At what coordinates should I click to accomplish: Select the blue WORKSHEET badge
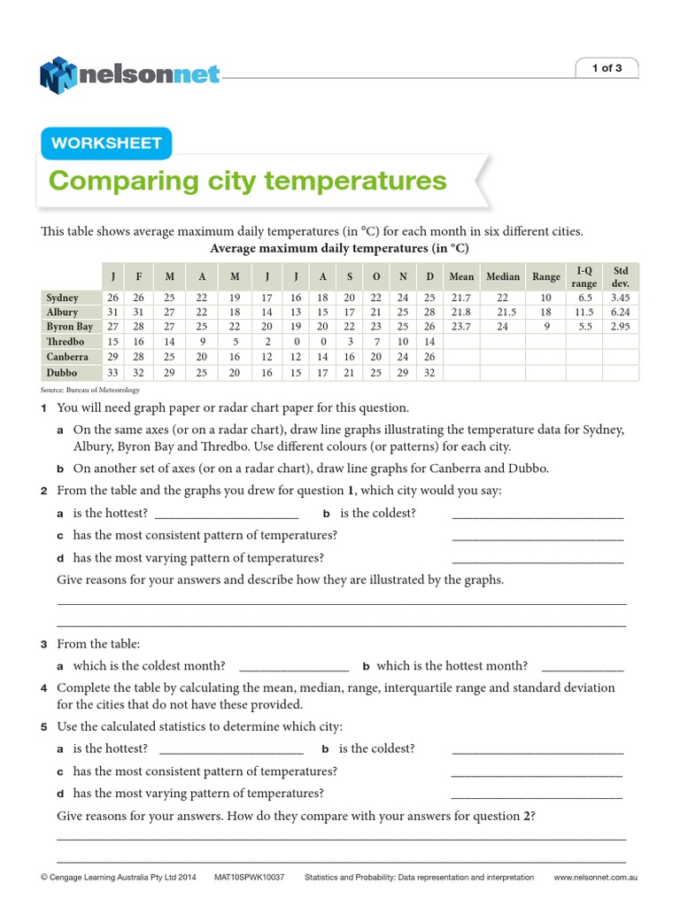click(x=106, y=143)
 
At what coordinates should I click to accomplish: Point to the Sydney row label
click(x=63, y=298)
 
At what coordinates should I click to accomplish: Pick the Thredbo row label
click(x=66, y=341)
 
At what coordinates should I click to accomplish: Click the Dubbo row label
click(x=62, y=373)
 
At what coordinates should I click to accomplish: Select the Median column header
click(x=503, y=277)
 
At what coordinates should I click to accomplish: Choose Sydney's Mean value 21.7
click(x=461, y=298)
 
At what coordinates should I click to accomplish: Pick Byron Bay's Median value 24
click(x=503, y=327)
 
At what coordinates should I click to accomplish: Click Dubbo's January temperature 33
click(x=112, y=373)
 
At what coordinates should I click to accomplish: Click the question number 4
click(x=43, y=688)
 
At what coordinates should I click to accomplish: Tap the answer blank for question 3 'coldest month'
click(x=294, y=666)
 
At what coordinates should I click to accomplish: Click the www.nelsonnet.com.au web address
click(x=596, y=878)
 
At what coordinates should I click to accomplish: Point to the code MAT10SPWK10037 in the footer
click(x=249, y=878)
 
